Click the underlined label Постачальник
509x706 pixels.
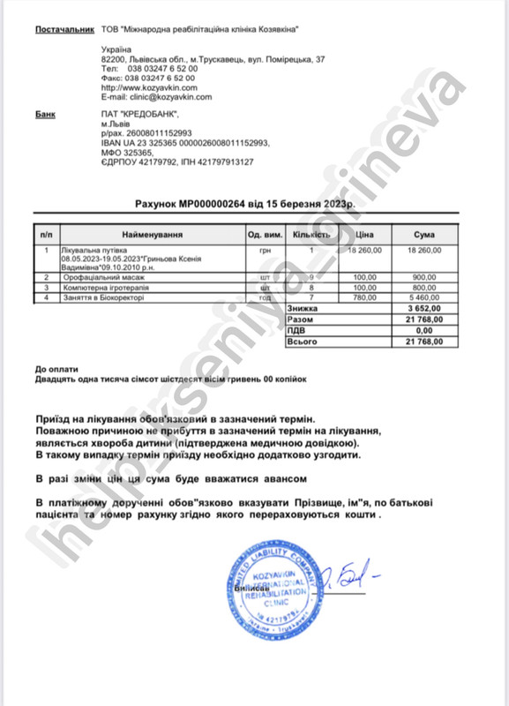click(x=64, y=30)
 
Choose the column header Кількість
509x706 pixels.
click(x=311, y=236)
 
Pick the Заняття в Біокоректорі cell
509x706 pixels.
click(x=101, y=297)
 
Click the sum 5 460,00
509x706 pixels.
click(x=427, y=297)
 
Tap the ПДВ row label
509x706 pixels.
click(x=297, y=329)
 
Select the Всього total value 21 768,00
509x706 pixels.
click(x=424, y=340)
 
